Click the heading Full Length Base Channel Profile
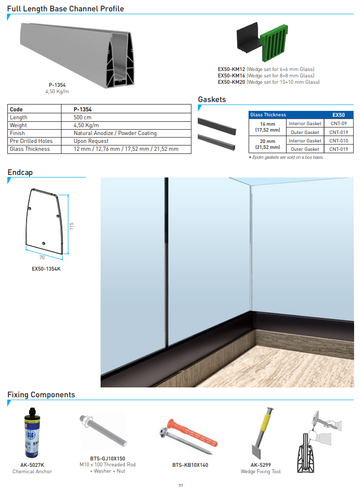pos(66,9)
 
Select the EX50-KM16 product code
pos(231,76)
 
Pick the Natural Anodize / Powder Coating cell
pos(115,133)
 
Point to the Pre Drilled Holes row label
pos(31,141)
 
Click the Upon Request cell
pos(91,141)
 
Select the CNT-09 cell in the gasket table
pos(338,123)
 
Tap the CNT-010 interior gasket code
pos(338,140)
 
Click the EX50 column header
pos(338,114)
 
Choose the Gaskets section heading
pos(212,100)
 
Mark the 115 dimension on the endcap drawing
pos(72,226)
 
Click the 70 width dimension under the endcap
pos(42,257)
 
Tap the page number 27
pos(180,485)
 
